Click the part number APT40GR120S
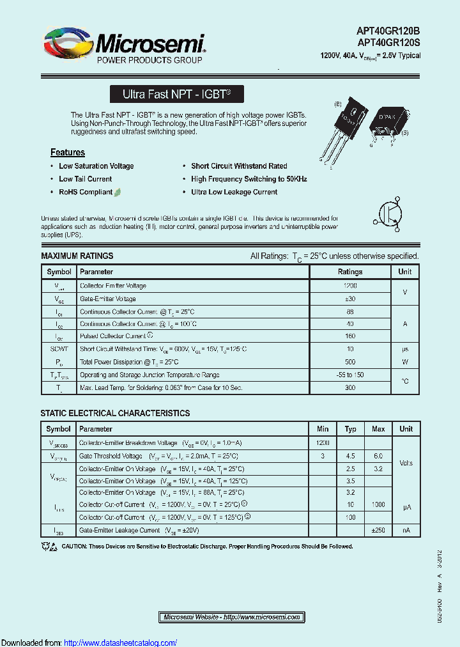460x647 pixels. (x=389, y=43)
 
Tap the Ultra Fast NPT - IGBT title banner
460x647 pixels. (x=176, y=94)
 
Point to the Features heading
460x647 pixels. (x=68, y=152)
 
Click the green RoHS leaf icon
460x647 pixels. (x=118, y=192)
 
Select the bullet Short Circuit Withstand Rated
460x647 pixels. (x=239, y=166)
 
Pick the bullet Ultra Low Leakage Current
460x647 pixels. (x=234, y=192)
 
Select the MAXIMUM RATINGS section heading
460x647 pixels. (x=77, y=256)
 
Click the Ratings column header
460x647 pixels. (x=349, y=272)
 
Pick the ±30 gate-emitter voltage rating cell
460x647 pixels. (x=349, y=299)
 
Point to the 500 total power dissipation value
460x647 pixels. (x=349, y=362)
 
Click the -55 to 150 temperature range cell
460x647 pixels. (x=349, y=375)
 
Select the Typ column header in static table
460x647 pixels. (x=350, y=429)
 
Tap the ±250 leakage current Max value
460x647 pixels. (x=378, y=531)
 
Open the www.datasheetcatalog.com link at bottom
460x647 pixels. (x=121, y=643)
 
